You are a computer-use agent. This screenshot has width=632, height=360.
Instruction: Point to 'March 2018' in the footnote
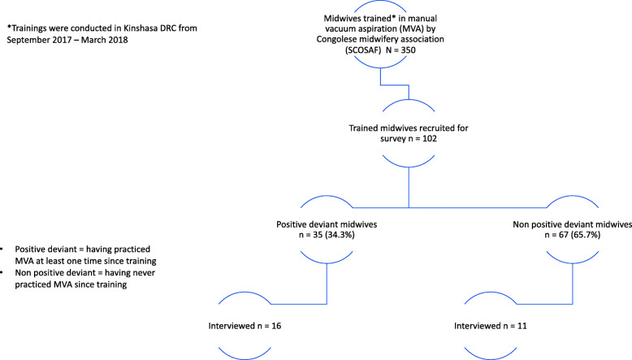[x=107, y=41]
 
